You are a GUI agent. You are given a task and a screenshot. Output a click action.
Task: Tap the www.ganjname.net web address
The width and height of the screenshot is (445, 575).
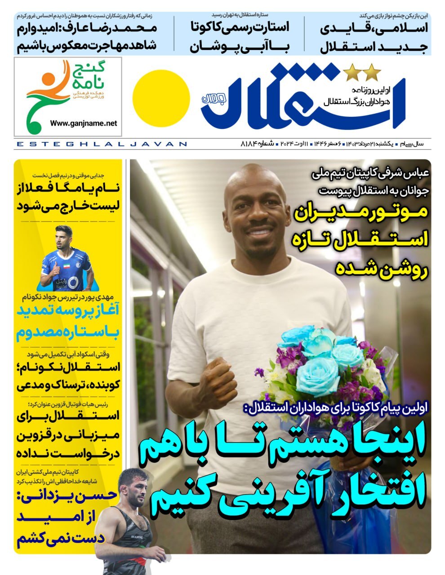84,123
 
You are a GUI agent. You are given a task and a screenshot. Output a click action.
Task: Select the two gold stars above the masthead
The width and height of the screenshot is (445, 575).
362,71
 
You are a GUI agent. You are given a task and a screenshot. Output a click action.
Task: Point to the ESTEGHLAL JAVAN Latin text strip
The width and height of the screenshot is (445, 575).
102,144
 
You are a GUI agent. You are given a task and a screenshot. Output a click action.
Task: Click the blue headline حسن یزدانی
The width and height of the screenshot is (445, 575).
67,495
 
